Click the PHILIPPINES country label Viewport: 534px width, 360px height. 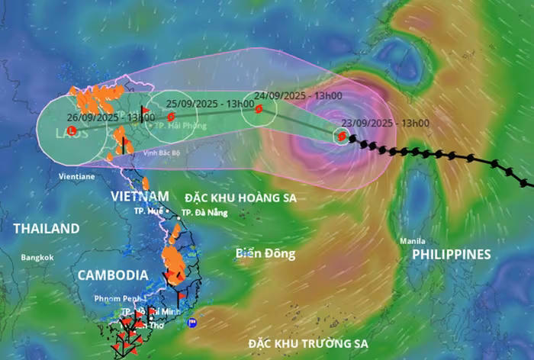[452, 254]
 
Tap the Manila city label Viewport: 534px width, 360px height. [413, 241]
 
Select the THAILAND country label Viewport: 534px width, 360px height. [46, 228]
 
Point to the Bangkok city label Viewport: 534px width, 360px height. [37, 257]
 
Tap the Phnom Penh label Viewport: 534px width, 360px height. [116, 297]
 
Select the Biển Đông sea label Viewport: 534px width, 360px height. [265, 254]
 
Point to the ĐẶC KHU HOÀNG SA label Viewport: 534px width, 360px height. [240, 198]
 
